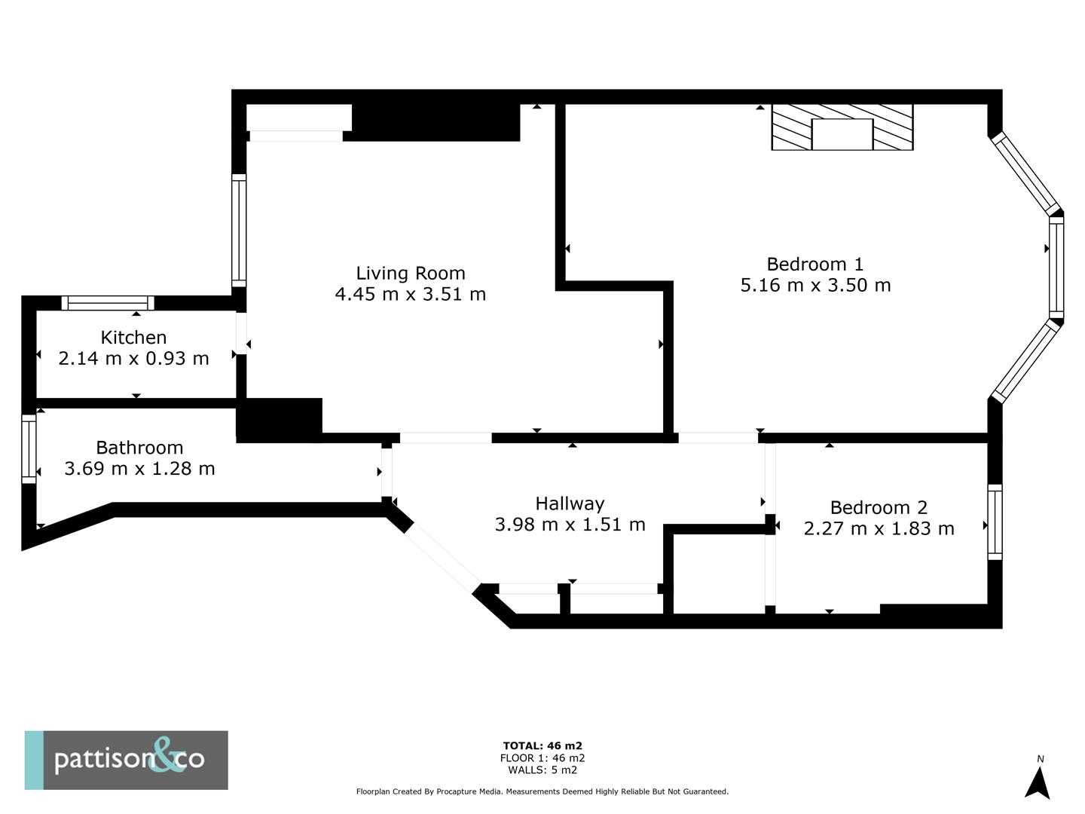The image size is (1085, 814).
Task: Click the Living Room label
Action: pos(411,273)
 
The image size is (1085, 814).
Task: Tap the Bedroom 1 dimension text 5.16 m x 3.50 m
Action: pos(815,285)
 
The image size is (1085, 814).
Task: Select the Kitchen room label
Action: pos(133,337)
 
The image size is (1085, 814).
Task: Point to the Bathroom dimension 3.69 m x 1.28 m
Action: pos(139,469)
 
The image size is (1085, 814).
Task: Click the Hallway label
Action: pos(570,503)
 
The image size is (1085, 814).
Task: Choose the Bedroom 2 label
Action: pos(879,507)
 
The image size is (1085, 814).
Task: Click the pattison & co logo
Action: pos(127,760)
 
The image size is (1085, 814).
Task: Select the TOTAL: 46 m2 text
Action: pos(542,746)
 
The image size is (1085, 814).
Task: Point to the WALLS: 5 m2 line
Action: pos(542,770)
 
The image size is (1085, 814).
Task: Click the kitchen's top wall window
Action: pos(108,303)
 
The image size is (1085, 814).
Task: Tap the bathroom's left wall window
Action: pos(29,448)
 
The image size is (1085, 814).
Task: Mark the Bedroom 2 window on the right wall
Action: pos(995,522)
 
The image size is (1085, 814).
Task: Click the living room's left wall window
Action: pos(239,230)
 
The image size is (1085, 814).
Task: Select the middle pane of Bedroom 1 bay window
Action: pos(1056,268)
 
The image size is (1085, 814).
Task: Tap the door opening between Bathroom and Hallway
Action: pos(387,472)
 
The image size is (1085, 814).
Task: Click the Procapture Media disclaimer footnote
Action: pos(542,791)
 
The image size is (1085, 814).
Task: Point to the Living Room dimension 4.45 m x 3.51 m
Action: pos(411,294)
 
